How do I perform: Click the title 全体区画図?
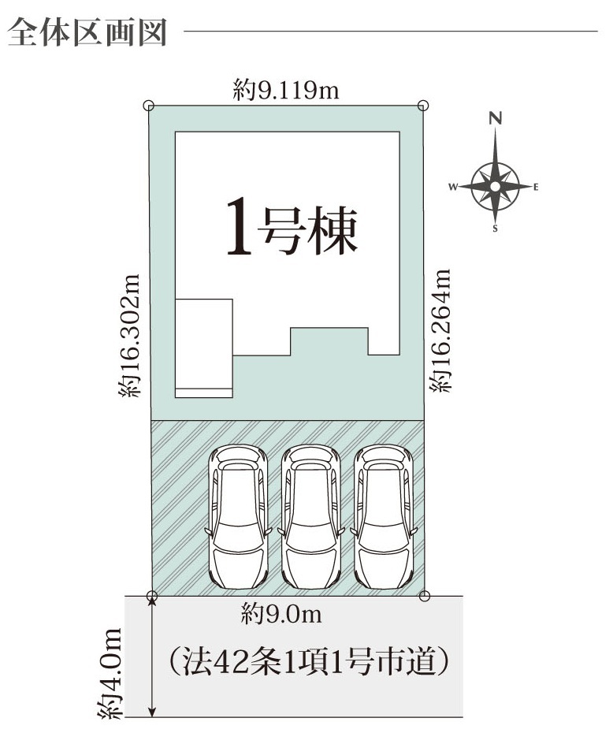(x=87, y=32)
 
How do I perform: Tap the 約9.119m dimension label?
(x=286, y=90)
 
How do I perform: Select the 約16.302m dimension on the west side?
(x=130, y=336)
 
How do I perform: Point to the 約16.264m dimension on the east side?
(x=440, y=331)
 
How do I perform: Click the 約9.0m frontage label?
(x=281, y=614)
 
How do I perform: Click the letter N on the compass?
(x=496, y=118)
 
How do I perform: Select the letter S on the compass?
(x=496, y=229)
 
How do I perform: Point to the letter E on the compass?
(x=536, y=187)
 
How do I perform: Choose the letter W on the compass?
(x=453, y=187)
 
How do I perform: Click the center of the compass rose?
(x=496, y=187)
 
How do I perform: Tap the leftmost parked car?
(x=238, y=516)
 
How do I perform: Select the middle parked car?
(x=310, y=516)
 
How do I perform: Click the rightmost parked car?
(x=384, y=516)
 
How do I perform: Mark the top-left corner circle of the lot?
(x=149, y=106)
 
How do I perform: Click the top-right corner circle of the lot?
(x=423, y=106)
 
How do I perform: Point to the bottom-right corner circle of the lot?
(x=425, y=596)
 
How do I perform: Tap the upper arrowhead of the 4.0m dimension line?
(x=152, y=601)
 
